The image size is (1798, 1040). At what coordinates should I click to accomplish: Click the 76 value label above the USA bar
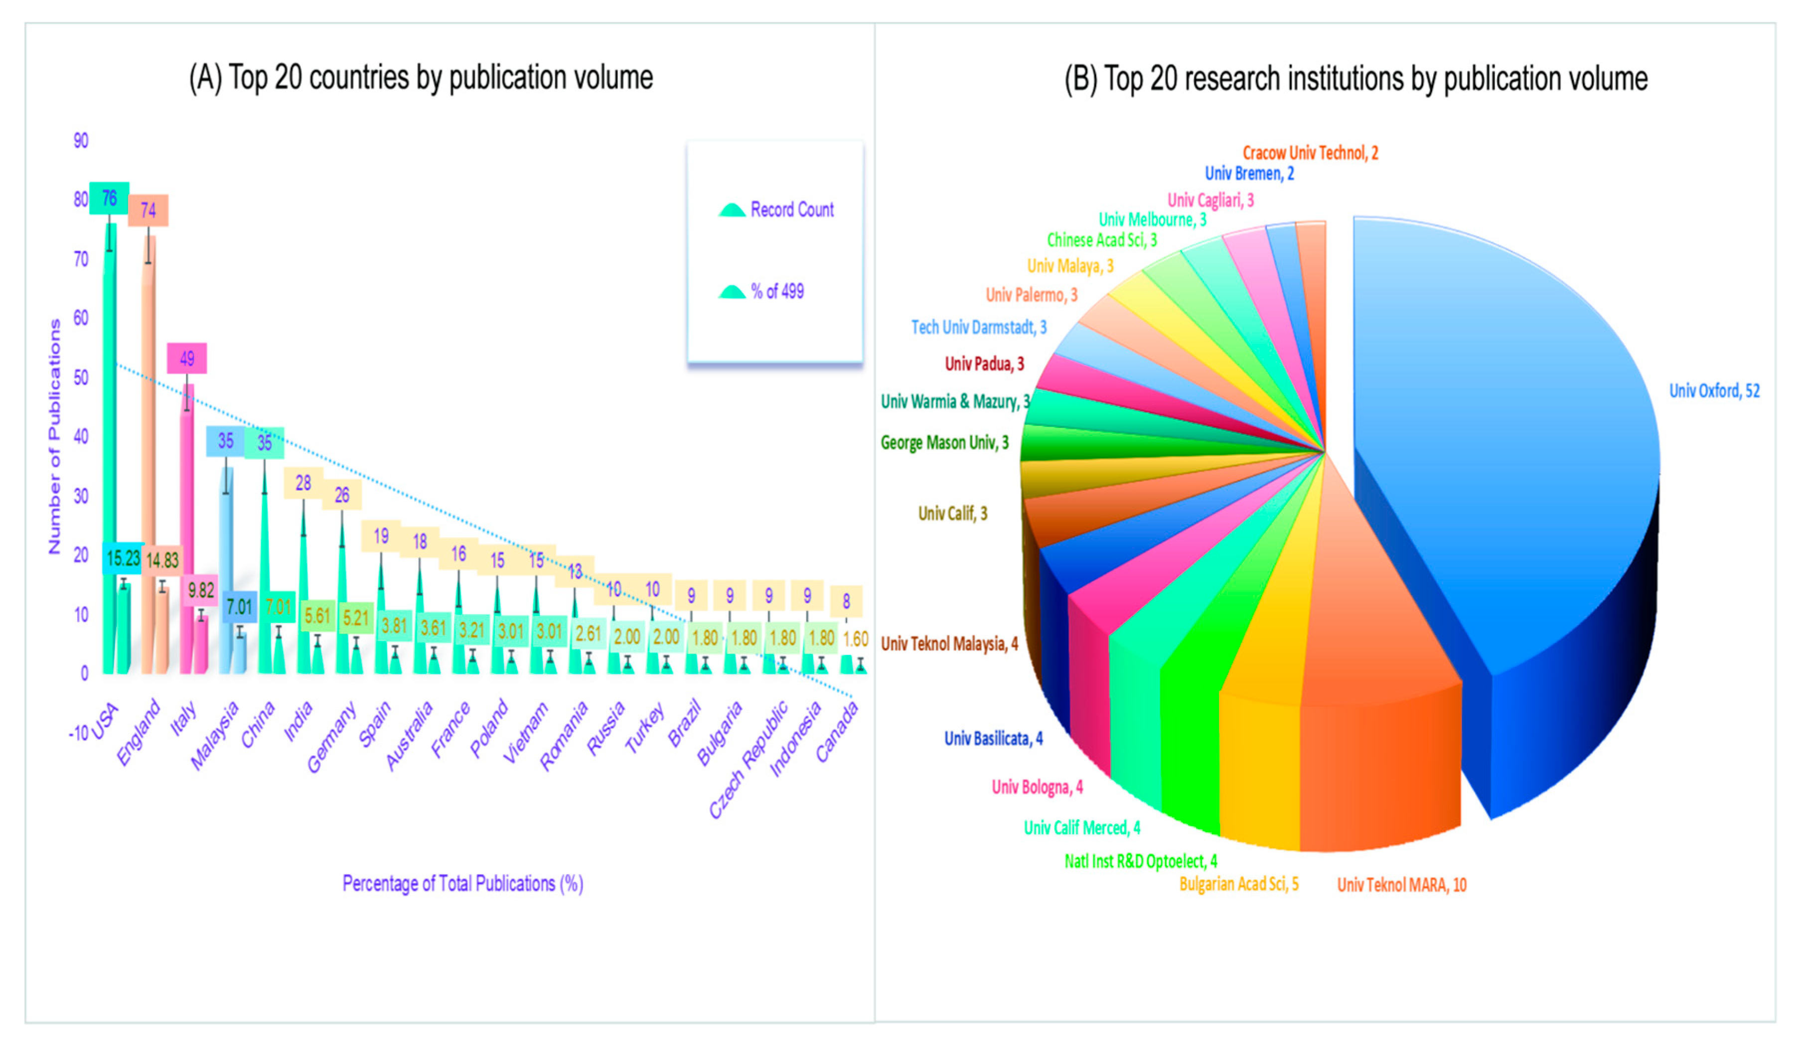(109, 198)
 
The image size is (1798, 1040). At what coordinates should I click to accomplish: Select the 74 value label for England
(149, 210)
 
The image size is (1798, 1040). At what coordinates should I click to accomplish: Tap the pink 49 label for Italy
(187, 359)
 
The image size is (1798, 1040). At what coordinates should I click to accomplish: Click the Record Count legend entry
(791, 210)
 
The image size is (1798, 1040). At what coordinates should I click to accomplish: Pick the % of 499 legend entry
(776, 291)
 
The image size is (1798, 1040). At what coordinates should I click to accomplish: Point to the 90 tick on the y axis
(81, 140)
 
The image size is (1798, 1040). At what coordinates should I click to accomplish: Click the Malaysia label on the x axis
(215, 735)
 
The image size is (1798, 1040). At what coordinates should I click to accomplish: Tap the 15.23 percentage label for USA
(123, 558)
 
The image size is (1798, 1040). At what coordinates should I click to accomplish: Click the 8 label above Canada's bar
(846, 601)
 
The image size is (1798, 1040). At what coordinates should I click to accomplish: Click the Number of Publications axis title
(54, 436)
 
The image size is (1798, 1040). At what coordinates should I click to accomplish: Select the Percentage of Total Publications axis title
(462, 884)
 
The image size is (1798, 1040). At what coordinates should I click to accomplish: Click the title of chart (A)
(421, 78)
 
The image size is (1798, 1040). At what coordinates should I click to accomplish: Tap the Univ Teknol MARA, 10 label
(1401, 885)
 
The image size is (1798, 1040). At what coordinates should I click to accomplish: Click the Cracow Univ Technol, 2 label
(1310, 152)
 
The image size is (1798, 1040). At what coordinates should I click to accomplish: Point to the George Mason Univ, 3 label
(944, 443)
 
